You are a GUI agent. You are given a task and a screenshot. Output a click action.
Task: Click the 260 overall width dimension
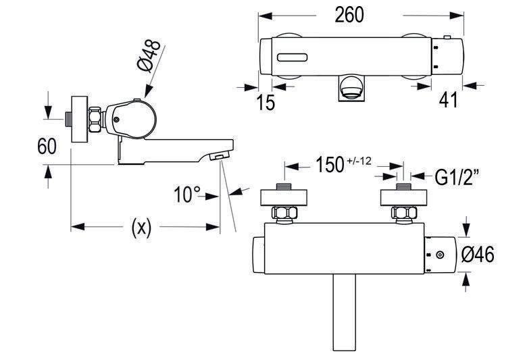tap(349, 15)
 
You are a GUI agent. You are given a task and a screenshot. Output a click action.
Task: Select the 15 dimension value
tap(266, 102)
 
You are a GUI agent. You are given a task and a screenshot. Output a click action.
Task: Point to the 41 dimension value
tap(449, 99)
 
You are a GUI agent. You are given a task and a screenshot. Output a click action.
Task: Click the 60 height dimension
tap(47, 146)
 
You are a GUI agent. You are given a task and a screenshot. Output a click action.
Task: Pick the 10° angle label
tap(187, 195)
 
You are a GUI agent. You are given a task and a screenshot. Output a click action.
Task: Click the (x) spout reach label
tap(141, 227)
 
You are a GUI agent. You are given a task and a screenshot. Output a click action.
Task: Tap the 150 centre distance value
tap(330, 165)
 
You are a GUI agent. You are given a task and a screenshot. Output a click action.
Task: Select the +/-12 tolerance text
tap(359, 161)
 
